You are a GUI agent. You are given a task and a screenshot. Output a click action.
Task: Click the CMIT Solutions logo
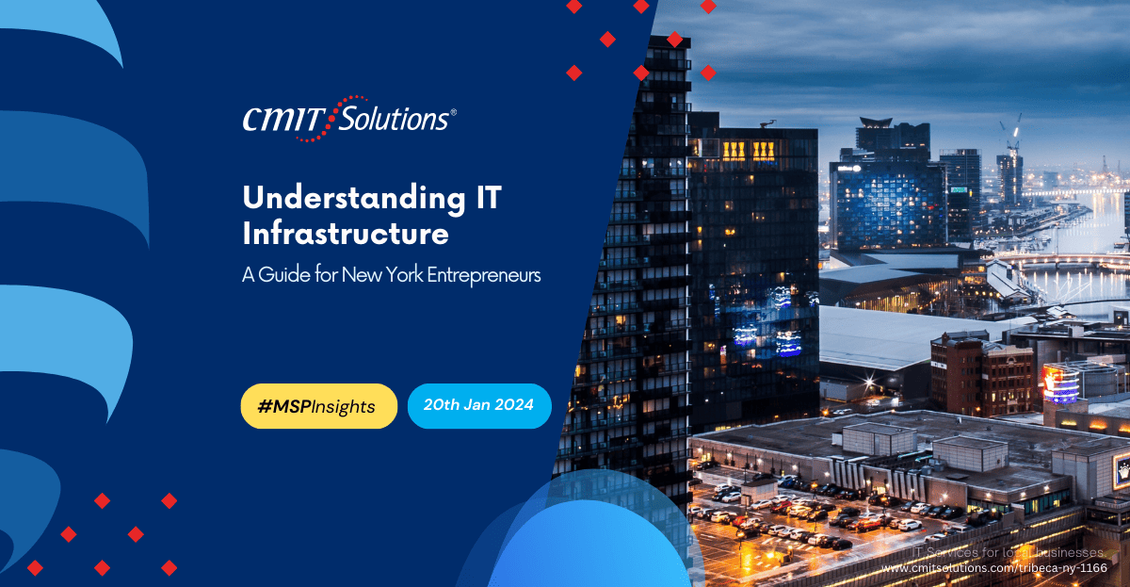(348, 119)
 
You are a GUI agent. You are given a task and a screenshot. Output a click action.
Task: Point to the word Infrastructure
(346, 232)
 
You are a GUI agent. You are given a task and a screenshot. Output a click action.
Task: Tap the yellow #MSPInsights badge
(318, 406)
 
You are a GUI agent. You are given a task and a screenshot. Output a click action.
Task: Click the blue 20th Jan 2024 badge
(479, 406)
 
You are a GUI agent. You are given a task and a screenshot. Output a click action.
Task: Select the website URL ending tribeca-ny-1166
(993, 568)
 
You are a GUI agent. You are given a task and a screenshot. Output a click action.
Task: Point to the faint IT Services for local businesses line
(1008, 552)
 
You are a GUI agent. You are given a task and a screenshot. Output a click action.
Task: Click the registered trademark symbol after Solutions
(454, 112)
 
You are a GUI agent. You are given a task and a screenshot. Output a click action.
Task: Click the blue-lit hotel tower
(886, 203)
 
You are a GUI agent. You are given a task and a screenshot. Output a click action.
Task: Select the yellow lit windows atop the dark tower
(749, 151)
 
